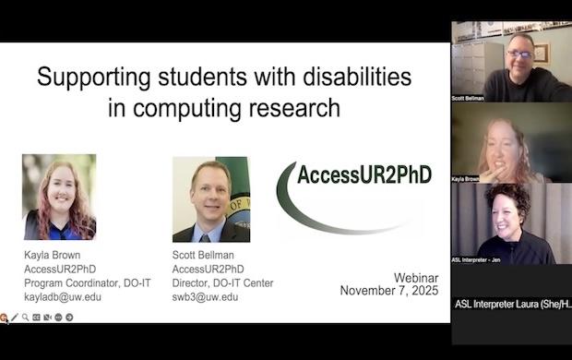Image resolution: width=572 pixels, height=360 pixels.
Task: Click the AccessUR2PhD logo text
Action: tap(364, 174)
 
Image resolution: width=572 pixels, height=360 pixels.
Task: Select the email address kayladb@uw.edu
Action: tap(63, 297)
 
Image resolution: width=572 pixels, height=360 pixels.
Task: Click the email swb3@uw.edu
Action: tap(206, 297)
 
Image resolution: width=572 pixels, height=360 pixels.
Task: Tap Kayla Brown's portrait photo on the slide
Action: tap(59, 198)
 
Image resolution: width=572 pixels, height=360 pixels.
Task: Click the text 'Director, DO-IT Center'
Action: tap(222, 283)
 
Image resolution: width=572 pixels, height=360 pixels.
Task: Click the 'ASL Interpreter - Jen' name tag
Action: tap(475, 259)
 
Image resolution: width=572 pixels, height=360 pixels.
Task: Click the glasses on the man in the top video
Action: tap(519, 54)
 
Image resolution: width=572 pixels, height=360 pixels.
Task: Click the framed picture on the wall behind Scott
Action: tap(542, 53)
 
